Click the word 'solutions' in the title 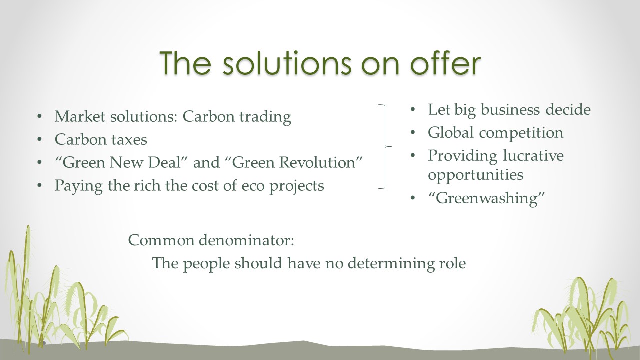click(x=287, y=63)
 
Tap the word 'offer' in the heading click(x=446, y=63)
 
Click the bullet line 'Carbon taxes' click(x=101, y=139)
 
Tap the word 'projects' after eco click(x=297, y=187)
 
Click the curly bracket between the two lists click(x=385, y=147)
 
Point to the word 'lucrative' click(x=533, y=156)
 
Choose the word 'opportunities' click(x=475, y=175)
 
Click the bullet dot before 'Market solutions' click(x=39, y=116)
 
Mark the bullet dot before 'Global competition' click(x=412, y=133)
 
